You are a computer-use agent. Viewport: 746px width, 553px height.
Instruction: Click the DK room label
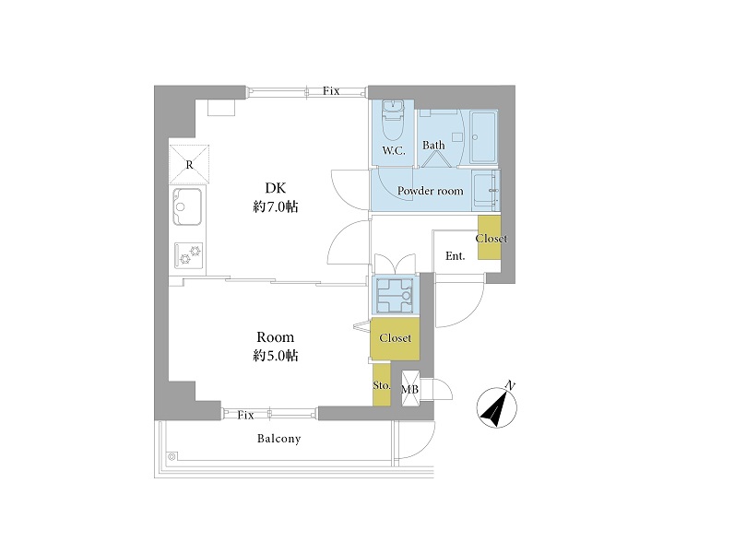coord(276,188)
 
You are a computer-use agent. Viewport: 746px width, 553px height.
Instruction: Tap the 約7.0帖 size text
coord(276,206)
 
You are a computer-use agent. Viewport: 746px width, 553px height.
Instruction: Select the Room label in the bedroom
coord(276,337)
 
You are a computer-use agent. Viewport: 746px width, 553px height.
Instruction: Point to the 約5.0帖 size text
coord(276,356)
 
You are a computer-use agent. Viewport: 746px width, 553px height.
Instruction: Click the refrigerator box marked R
coord(189,164)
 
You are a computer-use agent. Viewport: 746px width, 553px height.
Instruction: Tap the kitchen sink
coord(187,206)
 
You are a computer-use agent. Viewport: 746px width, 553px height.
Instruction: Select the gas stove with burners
coord(189,255)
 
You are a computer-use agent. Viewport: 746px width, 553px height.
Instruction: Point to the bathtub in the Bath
coord(483,137)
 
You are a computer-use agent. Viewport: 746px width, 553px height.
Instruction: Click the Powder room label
coord(430,191)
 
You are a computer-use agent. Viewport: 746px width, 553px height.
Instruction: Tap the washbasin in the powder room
coord(486,191)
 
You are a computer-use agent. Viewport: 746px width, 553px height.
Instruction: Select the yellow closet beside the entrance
coord(490,238)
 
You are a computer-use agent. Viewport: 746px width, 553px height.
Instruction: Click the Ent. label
coord(456,256)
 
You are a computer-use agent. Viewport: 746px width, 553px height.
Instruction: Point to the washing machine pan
coord(395,295)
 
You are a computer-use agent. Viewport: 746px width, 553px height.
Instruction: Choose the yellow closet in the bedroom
coord(395,338)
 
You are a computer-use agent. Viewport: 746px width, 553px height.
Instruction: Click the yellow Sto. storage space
coord(382,384)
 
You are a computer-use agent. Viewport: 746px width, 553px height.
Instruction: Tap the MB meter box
coord(410,389)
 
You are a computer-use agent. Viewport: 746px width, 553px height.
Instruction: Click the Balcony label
coord(278,439)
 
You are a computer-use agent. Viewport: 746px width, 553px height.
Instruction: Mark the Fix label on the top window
coord(331,90)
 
